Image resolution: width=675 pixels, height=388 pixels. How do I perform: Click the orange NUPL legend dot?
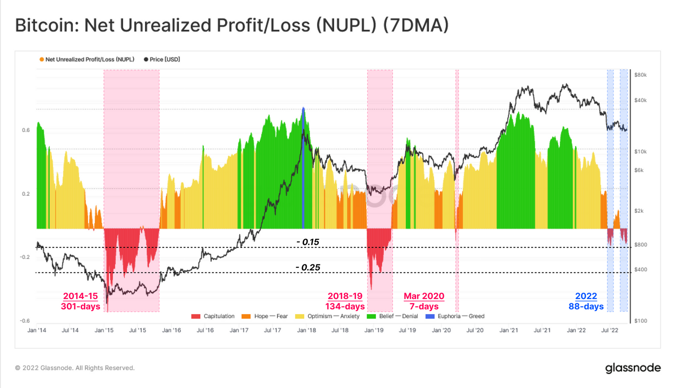tap(42, 59)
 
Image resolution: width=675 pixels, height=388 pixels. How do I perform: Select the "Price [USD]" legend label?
tap(165, 59)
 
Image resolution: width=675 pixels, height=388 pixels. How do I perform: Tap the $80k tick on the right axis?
tap(640, 75)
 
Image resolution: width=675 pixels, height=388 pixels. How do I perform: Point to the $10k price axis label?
tap(640, 151)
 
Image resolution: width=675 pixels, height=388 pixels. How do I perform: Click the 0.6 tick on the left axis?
tap(26, 130)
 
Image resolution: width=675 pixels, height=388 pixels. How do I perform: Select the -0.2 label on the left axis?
tap(25, 257)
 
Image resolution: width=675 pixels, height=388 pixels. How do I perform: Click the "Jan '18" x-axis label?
tap(306, 330)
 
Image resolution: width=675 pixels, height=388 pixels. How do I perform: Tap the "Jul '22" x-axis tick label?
tap(610, 330)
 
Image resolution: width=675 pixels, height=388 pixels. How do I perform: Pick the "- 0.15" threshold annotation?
tap(308, 242)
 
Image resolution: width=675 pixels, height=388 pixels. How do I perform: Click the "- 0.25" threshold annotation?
tap(308, 267)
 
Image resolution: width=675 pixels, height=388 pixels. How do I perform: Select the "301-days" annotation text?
tap(81, 306)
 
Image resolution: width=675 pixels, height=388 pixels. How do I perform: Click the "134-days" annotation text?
tap(345, 306)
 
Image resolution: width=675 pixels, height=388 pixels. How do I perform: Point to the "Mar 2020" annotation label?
tap(424, 296)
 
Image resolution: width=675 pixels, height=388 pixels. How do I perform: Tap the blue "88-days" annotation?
tap(586, 306)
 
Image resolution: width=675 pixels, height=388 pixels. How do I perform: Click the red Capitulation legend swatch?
tap(196, 316)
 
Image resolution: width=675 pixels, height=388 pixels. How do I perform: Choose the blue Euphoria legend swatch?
tap(430, 316)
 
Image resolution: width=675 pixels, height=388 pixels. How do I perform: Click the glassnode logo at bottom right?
tap(633, 368)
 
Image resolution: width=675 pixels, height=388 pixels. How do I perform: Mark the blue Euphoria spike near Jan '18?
tap(303, 168)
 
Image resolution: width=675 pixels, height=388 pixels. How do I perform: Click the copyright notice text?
tap(75, 368)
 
